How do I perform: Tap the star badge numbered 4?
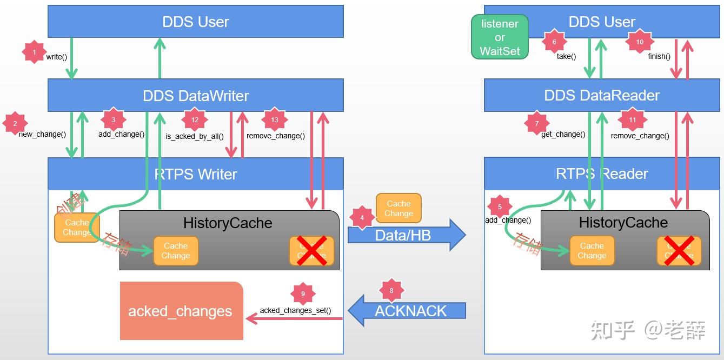[x=362, y=218]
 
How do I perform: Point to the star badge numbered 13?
[x=275, y=120]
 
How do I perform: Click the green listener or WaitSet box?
[x=500, y=37]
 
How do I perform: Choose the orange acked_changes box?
[x=181, y=311]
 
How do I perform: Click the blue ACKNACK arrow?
[x=407, y=311]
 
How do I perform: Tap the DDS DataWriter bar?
[x=196, y=96]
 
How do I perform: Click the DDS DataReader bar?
[x=602, y=96]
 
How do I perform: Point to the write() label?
[x=57, y=57]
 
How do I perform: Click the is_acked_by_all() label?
[x=195, y=136]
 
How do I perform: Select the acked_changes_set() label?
[x=295, y=310]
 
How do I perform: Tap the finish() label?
[x=659, y=56]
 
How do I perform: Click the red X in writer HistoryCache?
[x=311, y=250]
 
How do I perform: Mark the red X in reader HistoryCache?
[x=679, y=250]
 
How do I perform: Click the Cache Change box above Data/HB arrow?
[x=398, y=209]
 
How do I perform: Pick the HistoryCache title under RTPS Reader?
[x=623, y=223]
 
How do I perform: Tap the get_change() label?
[x=563, y=134]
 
